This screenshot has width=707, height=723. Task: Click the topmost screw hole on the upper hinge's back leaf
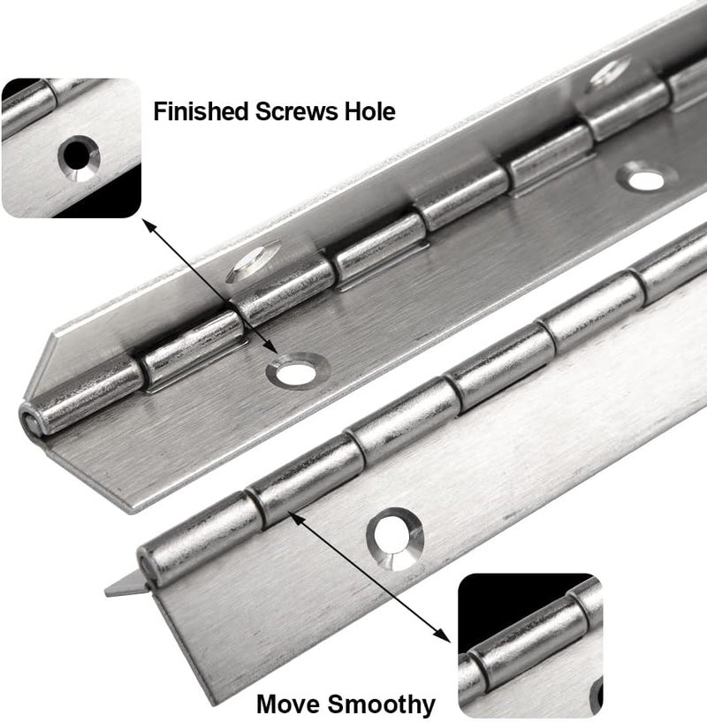point(611,72)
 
